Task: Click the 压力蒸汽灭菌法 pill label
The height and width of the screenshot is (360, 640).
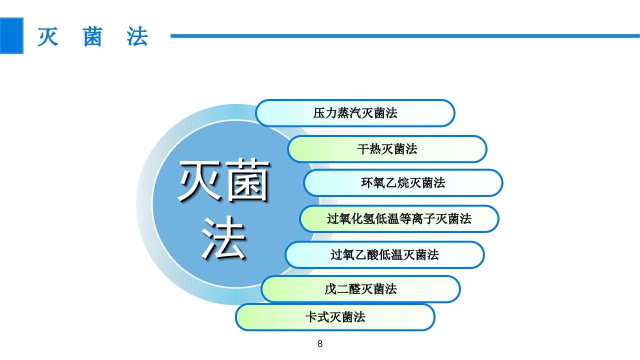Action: point(355,113)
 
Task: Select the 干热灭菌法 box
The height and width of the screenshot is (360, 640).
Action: point(387,149)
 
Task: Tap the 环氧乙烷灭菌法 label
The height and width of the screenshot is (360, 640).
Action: point(403,183)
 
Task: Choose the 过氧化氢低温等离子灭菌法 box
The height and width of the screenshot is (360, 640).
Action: point(399,219)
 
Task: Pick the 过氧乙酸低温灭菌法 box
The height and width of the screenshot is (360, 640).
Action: point(384,255)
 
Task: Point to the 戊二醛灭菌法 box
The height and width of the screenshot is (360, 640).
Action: point(360,289)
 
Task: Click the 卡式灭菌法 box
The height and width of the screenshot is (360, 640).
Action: point(335,317)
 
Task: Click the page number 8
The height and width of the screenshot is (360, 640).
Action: point(320,344)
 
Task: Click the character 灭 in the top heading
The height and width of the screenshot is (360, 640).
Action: point(48,37)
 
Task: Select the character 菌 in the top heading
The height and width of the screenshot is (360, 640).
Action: point(92,37)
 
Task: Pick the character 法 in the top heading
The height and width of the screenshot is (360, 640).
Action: point(137,37)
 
